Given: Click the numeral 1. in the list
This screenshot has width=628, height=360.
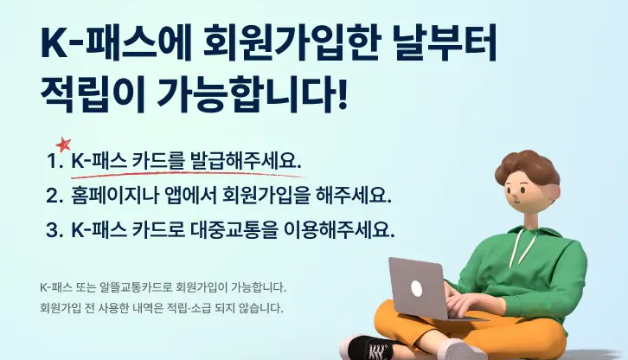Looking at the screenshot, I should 55,162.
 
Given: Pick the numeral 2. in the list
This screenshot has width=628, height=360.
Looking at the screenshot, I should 55,196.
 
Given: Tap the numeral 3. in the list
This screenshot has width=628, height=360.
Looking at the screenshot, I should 55,230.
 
